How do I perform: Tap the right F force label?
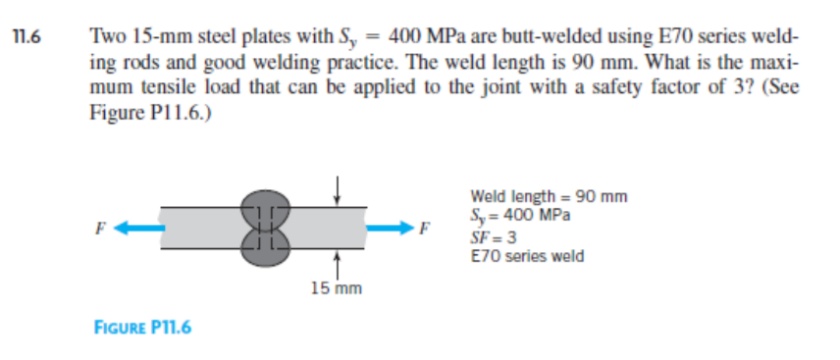pos(423,232)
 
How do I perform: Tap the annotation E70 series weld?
pos(527,256)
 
